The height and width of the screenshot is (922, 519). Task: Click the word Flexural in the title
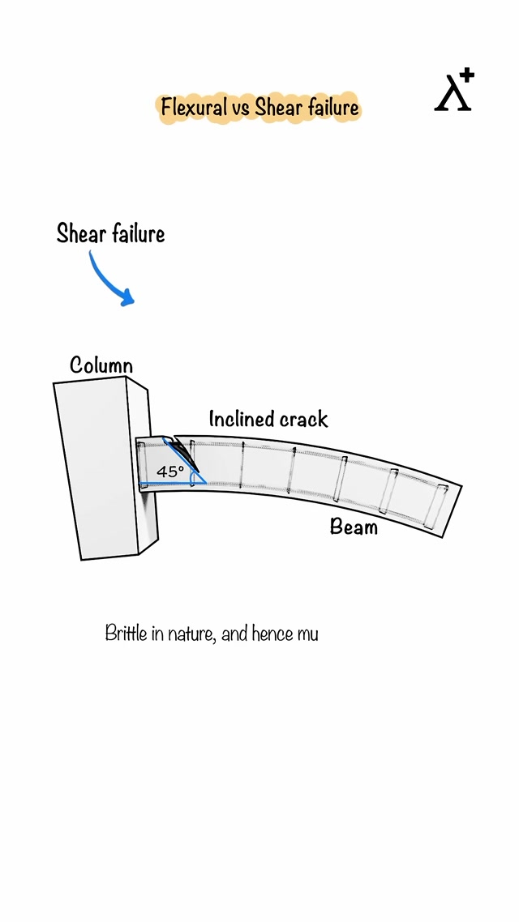pyautogui.click(x=194, y=107)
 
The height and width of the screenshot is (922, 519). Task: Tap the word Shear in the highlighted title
pyautogui.click(x=279, y=107)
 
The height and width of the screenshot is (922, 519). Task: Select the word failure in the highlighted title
pyautogui.click(x=332, y=107)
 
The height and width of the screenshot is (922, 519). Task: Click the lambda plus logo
pyautogui.click(x=454, y=91)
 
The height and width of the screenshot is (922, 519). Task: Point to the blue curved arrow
pyautogui.click(x=108, y=280)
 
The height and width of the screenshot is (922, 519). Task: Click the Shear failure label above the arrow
pyautogui.click(x=110, y=234)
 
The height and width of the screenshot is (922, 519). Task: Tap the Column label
pyautogui.click(x=101, y=365)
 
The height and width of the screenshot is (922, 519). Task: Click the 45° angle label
pyautogui.click(x=170, y=471)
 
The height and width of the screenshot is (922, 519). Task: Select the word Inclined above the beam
pyautogui.click(x=238, y=419)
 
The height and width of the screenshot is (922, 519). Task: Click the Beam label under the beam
pyautogui.click(x=354, y=527)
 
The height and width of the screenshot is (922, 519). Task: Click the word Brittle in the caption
pyautogui.click(x=126, y=633)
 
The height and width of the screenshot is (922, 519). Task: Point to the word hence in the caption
pyautogui.click(x=272, y=633)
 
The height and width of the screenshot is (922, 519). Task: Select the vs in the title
pyautogui.click(x=242, y=108)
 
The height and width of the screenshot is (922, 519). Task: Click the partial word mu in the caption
pyautogui.click(x=307, y=634)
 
